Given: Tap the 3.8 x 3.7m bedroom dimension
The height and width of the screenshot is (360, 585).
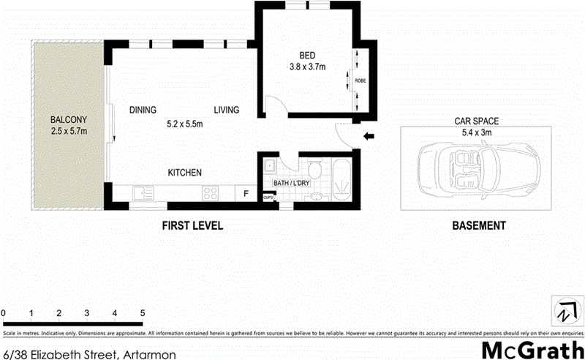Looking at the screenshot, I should (307, 67).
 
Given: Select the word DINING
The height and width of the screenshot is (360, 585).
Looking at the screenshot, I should (143, 110).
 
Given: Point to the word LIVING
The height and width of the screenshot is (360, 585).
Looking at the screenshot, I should (227, 110).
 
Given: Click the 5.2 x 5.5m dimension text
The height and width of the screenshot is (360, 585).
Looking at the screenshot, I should (184, 124).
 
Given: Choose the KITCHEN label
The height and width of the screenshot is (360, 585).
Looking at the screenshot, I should (185, 173).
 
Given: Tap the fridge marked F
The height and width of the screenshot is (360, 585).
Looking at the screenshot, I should (246, 193).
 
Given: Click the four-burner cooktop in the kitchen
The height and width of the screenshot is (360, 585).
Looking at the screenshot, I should (211, 193).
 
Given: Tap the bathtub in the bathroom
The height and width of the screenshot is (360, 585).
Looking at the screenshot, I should (341, 179).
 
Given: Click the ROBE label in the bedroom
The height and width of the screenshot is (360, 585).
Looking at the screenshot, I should (360, 80).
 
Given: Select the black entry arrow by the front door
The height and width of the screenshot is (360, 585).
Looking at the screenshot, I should (369, 135).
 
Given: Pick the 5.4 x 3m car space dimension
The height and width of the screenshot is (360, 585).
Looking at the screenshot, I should (476, 135).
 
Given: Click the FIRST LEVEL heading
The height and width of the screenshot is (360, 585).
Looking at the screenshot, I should (192, 226).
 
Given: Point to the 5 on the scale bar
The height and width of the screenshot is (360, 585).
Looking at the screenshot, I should (143, 313).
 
